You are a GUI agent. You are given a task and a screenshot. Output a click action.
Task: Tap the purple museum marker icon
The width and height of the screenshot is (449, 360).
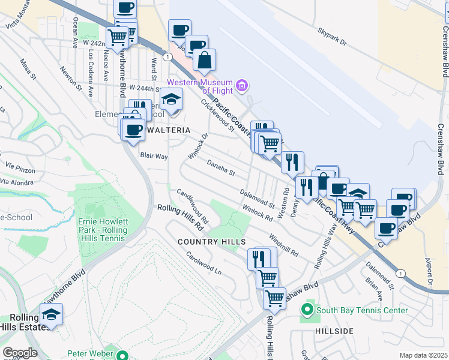(242, 86)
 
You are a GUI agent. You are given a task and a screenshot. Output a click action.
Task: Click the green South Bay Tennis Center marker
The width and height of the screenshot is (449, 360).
(307, 310)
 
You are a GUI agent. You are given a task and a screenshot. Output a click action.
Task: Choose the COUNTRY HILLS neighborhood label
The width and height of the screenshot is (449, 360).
(212, 241)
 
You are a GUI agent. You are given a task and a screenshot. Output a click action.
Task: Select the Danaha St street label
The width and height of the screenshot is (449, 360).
(221, 167)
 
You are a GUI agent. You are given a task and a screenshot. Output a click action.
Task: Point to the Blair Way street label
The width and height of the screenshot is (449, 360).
(154, 156)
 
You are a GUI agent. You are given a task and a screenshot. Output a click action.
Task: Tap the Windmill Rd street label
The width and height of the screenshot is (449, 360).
(284, 244)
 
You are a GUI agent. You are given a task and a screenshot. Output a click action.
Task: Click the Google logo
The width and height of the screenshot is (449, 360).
(20, 352)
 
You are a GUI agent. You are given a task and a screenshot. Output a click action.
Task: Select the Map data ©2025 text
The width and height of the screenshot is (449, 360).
(423, 355)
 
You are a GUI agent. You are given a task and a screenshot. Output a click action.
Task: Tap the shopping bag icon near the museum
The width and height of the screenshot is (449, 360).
(205, 60)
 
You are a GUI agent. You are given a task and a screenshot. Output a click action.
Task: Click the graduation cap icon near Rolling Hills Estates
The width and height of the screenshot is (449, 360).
(52, 314)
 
